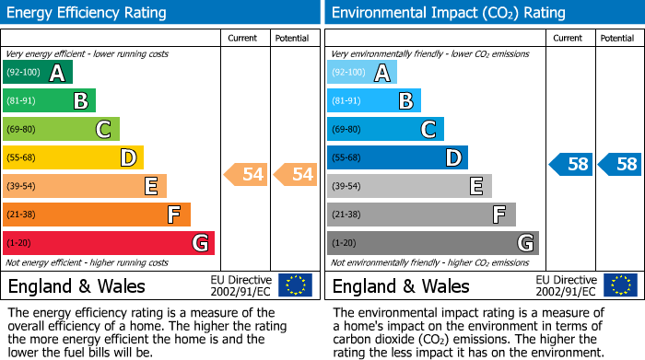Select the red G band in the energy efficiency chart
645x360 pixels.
pyautogui.click(x=109, y=243)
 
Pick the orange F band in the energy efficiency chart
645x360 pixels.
pyautogui.click(x=97, y=215)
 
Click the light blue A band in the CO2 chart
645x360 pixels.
pyautogui.click(x=362, y=73)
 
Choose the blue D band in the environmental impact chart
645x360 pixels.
pyautogui.click(x=397, y=158)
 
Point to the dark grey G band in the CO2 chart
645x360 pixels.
pyautogui.click(x=432, y=243)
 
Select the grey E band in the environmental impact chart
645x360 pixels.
pyautogui.click(x=409, y=187)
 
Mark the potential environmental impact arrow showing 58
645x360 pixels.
pyautogui.click(x=620, y=165)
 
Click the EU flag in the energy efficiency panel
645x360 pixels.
pyautogui.click(x=296, y=285)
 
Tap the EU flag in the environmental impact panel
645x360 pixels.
pyautogui.click(x=620, y=285)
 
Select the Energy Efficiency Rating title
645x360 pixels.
pyautogui.click(x=88, y=13)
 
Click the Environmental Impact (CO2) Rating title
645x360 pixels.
pyautogui.click(x=448, y=13)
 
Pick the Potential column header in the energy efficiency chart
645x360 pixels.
pyautogui.click(x=292, y=38)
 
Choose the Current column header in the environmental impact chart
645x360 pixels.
pyautogui.click(x=568, y=38)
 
